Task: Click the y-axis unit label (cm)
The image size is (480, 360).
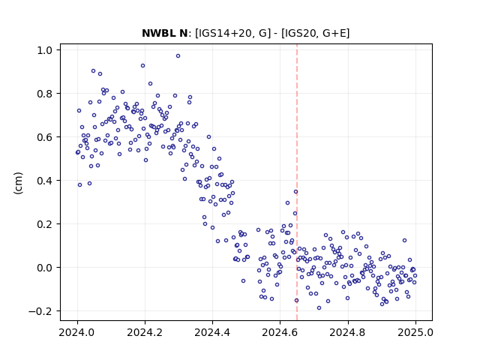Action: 18,183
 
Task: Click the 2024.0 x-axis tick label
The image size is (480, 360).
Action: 77,332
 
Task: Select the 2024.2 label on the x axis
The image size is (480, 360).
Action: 145,332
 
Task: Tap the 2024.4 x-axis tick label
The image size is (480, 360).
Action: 212,332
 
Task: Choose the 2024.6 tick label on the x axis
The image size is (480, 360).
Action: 280,332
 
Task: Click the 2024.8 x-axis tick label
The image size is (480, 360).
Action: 348,332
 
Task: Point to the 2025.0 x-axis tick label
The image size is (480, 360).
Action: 415,332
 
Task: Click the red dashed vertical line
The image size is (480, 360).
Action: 297,182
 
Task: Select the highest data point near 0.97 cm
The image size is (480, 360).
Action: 178,55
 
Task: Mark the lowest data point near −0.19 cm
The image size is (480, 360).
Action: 319,307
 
